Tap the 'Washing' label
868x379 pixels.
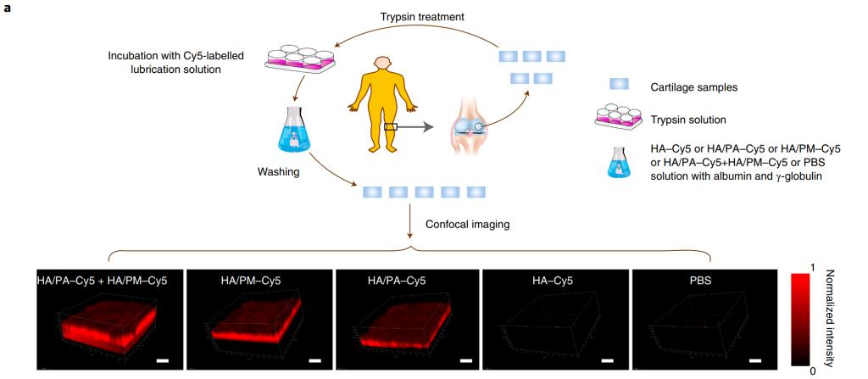tap(277, 171)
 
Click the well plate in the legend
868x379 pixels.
tap(619, 118)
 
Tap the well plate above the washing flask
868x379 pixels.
tap(298, 56)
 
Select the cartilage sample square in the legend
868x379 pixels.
tap(619, 85)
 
